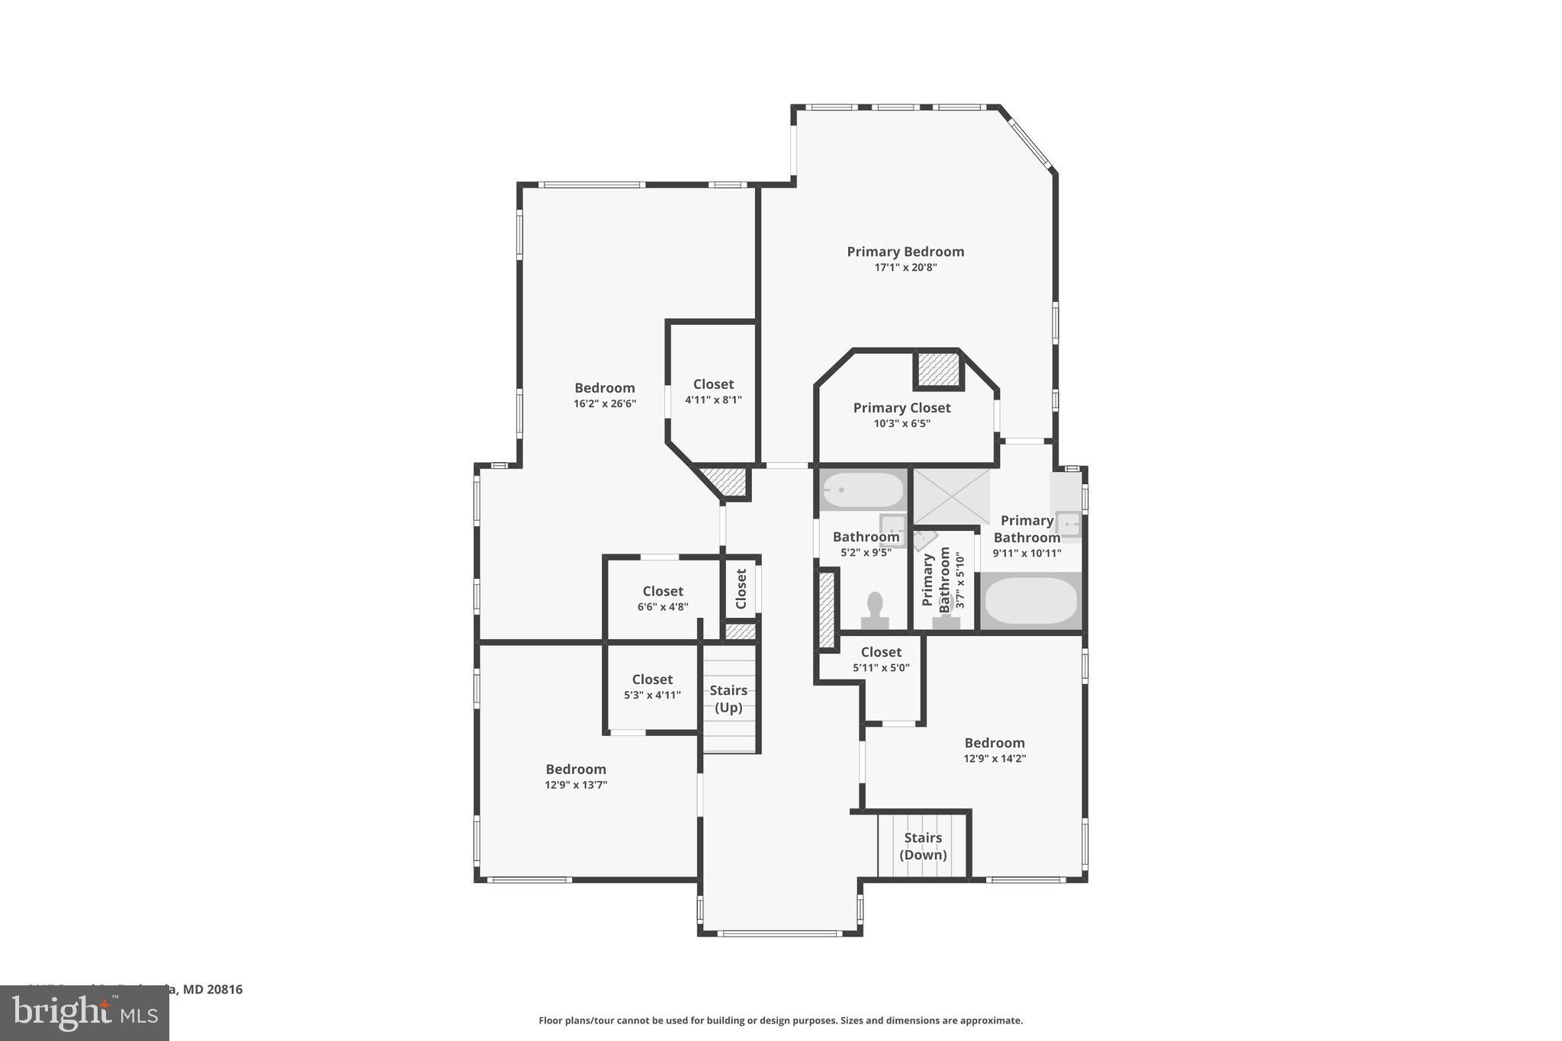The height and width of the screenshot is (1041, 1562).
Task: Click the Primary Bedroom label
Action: click(x=905, y=252)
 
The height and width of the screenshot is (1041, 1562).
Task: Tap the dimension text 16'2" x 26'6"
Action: click(x=605, y=403)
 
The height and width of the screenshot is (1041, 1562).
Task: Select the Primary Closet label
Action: click(x=902, y=408)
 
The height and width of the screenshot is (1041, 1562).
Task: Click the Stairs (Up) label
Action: click(x=728, y=699)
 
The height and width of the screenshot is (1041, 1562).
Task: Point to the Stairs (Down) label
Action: click(x=923, y=846)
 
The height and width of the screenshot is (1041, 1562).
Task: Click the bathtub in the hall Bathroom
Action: click(x=863, y=490)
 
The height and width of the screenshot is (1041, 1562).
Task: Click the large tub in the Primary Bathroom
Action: click(x=1030, y=601)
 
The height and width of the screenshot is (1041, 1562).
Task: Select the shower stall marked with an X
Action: click(x=951, y=496)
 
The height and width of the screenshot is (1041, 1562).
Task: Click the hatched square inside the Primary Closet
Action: click(x=938, y=369)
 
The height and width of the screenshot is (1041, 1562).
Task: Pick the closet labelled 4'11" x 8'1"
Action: click(x=713, y=391)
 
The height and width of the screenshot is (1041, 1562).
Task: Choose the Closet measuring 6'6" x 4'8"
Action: click(x=663, y=598)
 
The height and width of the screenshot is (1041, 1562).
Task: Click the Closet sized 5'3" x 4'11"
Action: click(x=652, y=686)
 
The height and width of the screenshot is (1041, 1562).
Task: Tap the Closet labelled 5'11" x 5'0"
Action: click(x=881, y=659)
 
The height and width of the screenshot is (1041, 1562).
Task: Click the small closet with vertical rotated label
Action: click(x=741, y=589)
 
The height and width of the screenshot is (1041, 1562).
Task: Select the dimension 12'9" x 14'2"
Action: click(x=995, y=759)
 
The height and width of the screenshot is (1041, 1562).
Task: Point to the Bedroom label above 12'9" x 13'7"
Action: click(x=576, y=769)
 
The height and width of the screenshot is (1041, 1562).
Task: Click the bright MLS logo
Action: click(x=84, y=1014)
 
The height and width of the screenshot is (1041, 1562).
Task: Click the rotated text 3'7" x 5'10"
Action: click(x=960, y=580)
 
